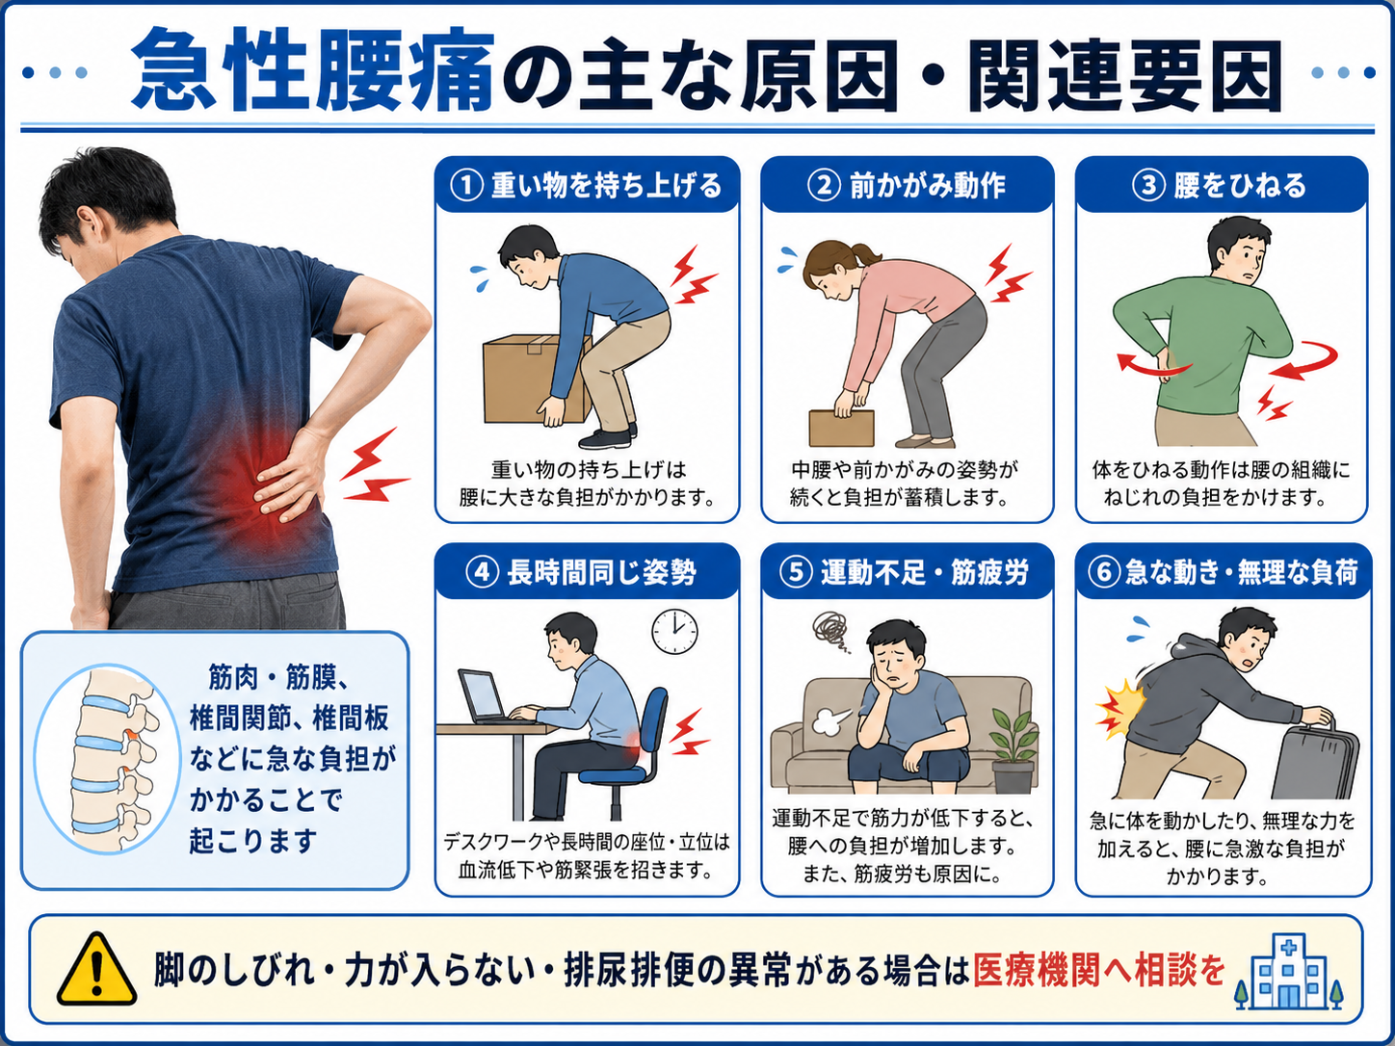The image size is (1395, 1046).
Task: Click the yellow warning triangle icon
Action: point(96,970)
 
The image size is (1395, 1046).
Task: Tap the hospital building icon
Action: point(1288,971)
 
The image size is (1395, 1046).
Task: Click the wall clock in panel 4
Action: point(674,632)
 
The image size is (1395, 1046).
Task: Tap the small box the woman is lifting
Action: point(841,428)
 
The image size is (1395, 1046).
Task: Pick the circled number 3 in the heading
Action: point(1148,186)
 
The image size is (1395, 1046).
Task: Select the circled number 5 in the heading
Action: point(796,572)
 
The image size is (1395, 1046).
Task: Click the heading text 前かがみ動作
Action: point(927,186)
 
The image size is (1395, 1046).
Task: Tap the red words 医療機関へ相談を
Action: point(1099,970)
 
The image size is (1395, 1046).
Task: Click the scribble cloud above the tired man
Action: point(830,631)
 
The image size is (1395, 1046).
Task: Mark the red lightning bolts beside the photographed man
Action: point(373,465)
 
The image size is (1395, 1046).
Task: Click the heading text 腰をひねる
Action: point(1239,186)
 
